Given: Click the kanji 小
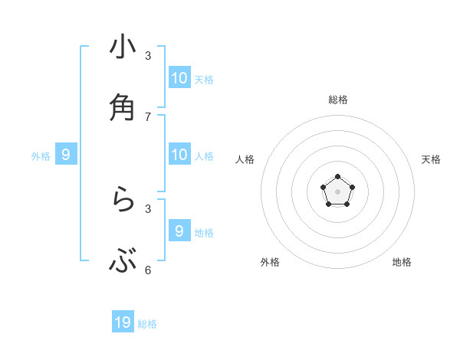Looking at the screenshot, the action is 123,47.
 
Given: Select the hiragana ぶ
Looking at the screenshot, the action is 123,261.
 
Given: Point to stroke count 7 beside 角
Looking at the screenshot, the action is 148,116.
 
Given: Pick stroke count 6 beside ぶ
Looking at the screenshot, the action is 148,270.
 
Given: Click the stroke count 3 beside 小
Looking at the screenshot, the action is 148,55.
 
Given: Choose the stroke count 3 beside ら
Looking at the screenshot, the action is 148,208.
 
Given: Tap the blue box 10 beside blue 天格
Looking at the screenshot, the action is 179,77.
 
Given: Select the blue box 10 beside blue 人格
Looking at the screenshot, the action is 179,154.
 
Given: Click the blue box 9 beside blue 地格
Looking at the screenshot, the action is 179,231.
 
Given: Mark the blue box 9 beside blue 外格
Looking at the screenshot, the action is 66,154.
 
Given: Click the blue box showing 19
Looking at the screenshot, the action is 123,322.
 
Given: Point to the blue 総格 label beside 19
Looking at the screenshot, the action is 147,324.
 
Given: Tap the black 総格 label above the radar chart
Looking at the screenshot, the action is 338,100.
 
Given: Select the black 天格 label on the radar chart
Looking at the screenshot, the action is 431,159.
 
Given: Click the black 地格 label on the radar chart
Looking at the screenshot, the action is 402,262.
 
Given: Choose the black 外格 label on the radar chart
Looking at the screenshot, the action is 270,262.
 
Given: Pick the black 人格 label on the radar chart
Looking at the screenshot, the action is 245,159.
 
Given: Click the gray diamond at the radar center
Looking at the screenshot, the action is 337,191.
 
